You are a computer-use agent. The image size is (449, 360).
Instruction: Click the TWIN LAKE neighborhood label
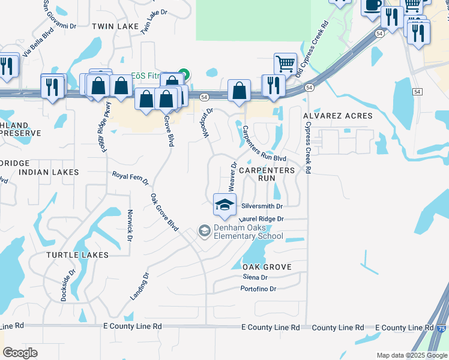(115, 26)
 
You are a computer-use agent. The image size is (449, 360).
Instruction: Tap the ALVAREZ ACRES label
(338, 115)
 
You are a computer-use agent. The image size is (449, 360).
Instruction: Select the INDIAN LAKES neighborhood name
(49, 172)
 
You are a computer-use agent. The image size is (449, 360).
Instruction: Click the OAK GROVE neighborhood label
(267, 266)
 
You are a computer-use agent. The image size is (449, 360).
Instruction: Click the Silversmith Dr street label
(261, 205)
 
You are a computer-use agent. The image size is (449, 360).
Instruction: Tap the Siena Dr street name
(255, 277)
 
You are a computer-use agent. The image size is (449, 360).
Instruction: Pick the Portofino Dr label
(258, 289)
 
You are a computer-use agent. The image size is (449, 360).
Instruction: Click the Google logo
(20, 352)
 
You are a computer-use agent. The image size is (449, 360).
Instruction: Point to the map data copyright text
(412, 355)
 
